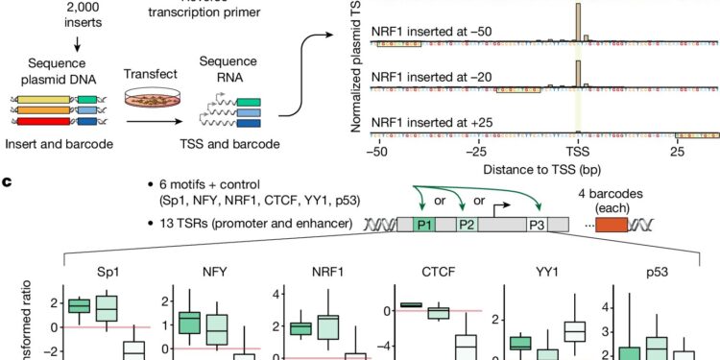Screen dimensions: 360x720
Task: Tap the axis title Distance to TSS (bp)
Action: coord(523,169)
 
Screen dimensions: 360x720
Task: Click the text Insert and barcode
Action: coord(49,143)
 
